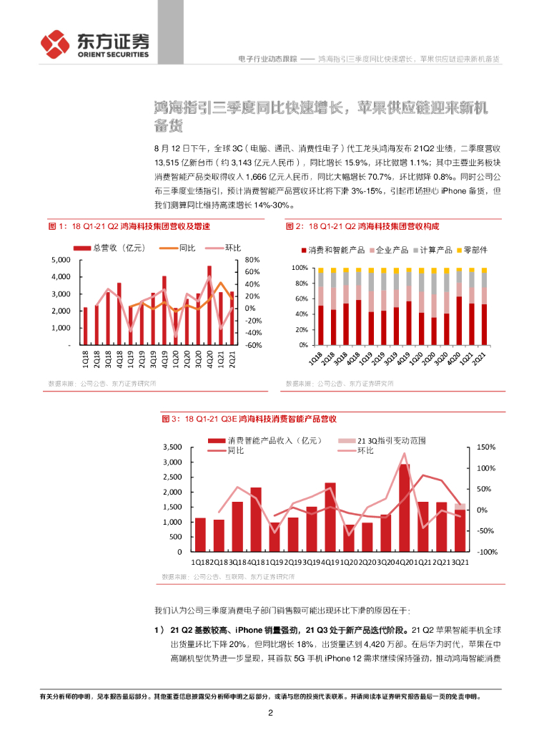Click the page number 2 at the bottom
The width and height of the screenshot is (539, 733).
pos(269,712)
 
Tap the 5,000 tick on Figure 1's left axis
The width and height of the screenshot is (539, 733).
pos(61,260)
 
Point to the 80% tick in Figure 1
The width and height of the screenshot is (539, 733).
pos(251,260)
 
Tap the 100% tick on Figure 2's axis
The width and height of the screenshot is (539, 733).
pos(299,268)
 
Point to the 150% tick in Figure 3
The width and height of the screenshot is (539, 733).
pos(486,447)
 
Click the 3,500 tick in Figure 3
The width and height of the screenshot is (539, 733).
pos(172,447)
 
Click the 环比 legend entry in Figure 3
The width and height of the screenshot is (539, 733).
pos(364,451)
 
